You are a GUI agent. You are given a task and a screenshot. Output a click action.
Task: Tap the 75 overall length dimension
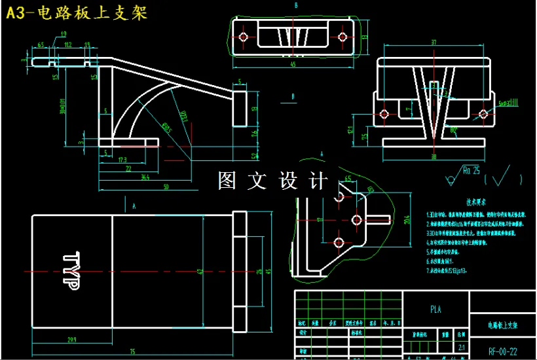click(x=133, y=352)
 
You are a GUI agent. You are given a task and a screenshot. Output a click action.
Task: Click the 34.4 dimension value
click(x=145, y=177)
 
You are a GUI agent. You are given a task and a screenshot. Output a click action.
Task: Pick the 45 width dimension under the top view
click(x=293, y=64)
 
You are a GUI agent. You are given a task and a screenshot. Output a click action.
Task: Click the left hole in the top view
click(x=244, y=37)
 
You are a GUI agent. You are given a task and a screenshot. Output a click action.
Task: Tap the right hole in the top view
click(x=341, y=37)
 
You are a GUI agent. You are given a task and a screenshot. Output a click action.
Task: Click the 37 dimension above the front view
click(x=433, y=43)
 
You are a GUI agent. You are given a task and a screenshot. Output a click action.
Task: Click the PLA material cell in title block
click(x=435, y=310)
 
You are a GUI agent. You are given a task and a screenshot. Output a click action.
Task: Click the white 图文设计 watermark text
click(x=270, y=181)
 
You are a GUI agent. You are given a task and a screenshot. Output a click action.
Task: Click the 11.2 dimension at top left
click(x=68, y=45)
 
